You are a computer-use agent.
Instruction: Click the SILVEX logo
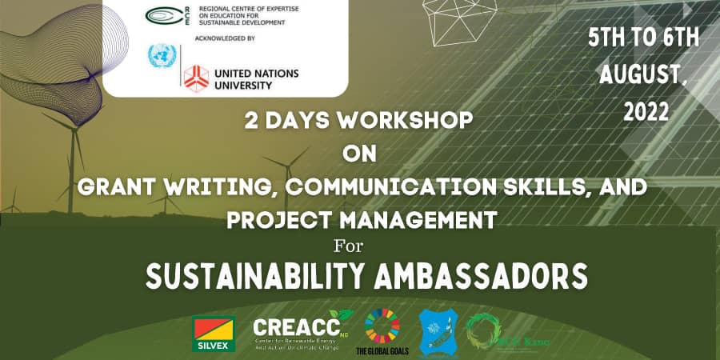click(x=214, y=334)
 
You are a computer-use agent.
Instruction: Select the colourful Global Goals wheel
click(x=382, y=326)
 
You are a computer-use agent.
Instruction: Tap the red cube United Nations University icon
click(x=196, y=78)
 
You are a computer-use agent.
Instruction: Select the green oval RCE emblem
click(x=160, y=15)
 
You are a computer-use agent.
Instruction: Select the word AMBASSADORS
click(x=478, y=275)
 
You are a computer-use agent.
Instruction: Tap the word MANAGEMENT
click(x=423, y=218)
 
